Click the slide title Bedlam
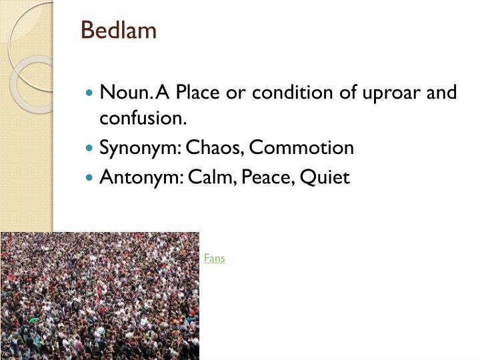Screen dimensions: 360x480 (119, 31)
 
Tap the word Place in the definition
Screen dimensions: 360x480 (199, 92)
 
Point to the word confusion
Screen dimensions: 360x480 (142, 119)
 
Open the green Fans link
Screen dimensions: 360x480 (215, 258)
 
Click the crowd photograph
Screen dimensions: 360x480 (100, 296)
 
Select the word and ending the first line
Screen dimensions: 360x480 (442, 92)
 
